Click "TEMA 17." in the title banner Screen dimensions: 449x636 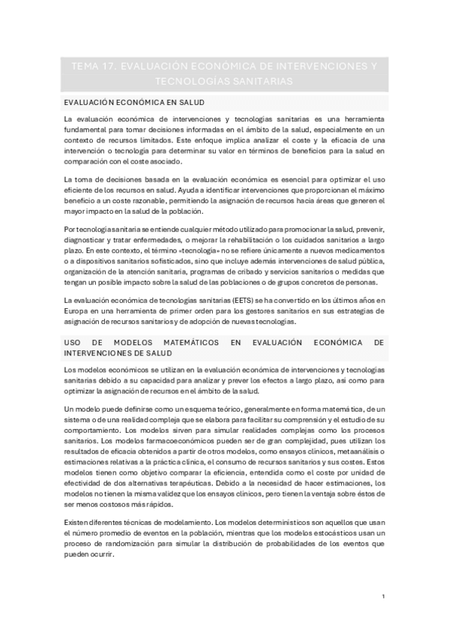tap(90, 66)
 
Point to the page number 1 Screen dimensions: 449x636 tap(383, 596)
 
